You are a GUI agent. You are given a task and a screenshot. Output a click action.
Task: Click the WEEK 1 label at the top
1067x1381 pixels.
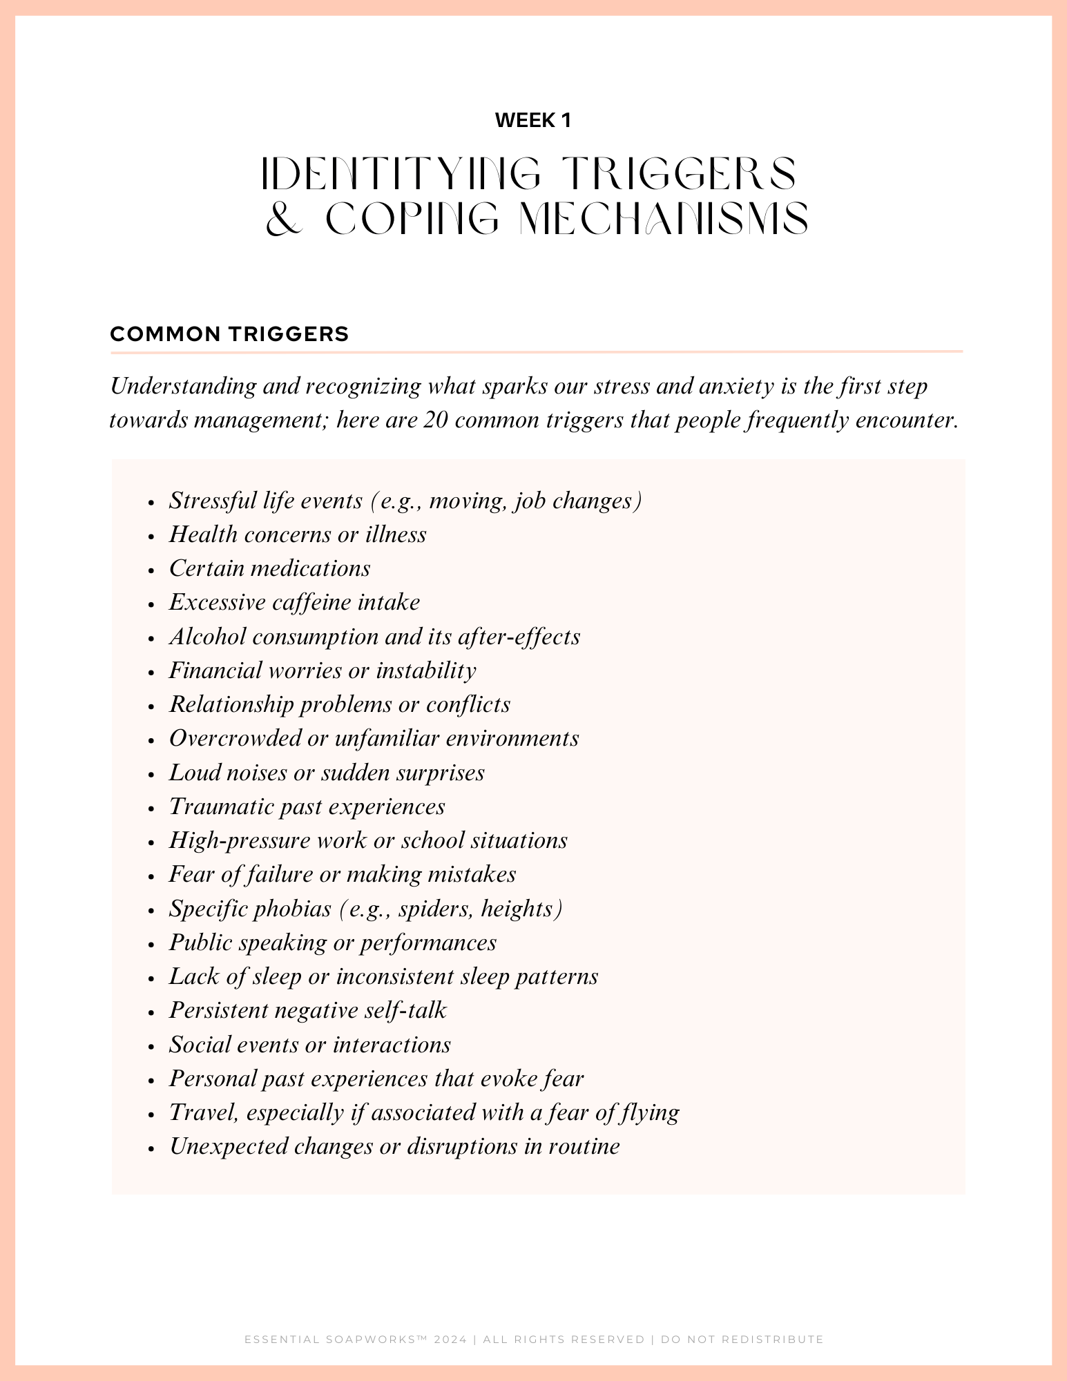click(533, 121)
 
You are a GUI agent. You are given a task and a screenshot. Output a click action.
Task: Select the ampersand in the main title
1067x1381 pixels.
click(284, 219)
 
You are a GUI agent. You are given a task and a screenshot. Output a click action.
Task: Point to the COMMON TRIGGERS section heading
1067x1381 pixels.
click(229, 334)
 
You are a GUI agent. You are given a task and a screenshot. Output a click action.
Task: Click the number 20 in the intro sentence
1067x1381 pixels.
click(436, 420)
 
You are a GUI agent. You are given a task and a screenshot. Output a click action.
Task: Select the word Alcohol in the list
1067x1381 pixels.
click(207, 637)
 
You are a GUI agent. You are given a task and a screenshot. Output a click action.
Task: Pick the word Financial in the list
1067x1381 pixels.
click(215, 670)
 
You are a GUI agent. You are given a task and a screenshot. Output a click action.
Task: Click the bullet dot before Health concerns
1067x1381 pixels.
click(151, 536)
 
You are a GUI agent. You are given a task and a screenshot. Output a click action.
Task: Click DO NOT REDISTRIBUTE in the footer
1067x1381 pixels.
click(742, 1340)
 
